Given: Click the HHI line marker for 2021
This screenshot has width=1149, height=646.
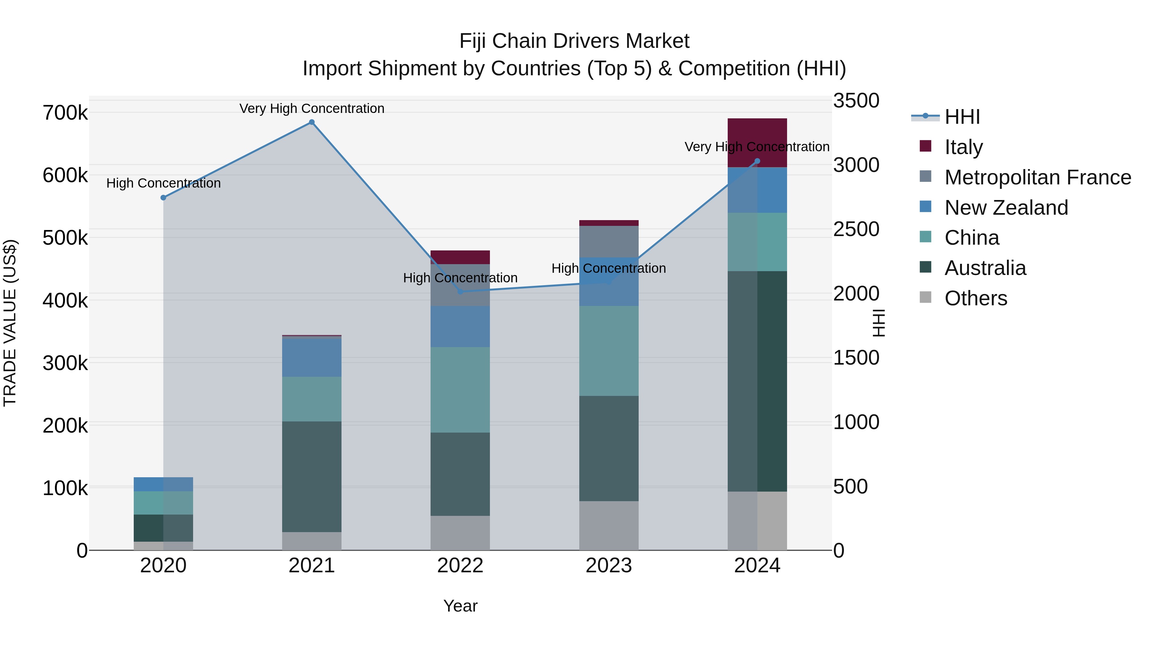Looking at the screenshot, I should pyautogui.click(x=312, y=122).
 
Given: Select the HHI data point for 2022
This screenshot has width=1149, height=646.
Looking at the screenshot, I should pyautogui.click(x=460, y=292).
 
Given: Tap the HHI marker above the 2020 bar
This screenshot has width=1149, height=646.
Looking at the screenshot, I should pyautogui.click(x=163, y=197).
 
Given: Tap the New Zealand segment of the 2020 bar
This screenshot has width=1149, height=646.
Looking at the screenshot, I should pyautogui.click(x=163, y=484).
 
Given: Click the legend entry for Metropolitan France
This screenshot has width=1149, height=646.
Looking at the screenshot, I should pyautogui.click(x=1038, y=177).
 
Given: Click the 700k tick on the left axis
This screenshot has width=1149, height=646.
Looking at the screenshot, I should pyautogui.click(x=65, y=113).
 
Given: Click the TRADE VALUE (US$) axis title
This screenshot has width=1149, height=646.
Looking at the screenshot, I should pyautogui.click(x=10, y=323).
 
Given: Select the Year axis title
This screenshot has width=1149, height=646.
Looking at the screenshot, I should pyautogui.click(x=460, y=606).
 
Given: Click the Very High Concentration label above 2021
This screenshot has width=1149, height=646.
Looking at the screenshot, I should pyautogui.click(x=312, y=108).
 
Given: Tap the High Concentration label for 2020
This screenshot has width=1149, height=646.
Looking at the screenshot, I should pyautogui.click(x=163, y=183).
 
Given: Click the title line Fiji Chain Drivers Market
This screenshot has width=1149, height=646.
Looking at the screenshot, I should pyautogui.click(x=574, y=41).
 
